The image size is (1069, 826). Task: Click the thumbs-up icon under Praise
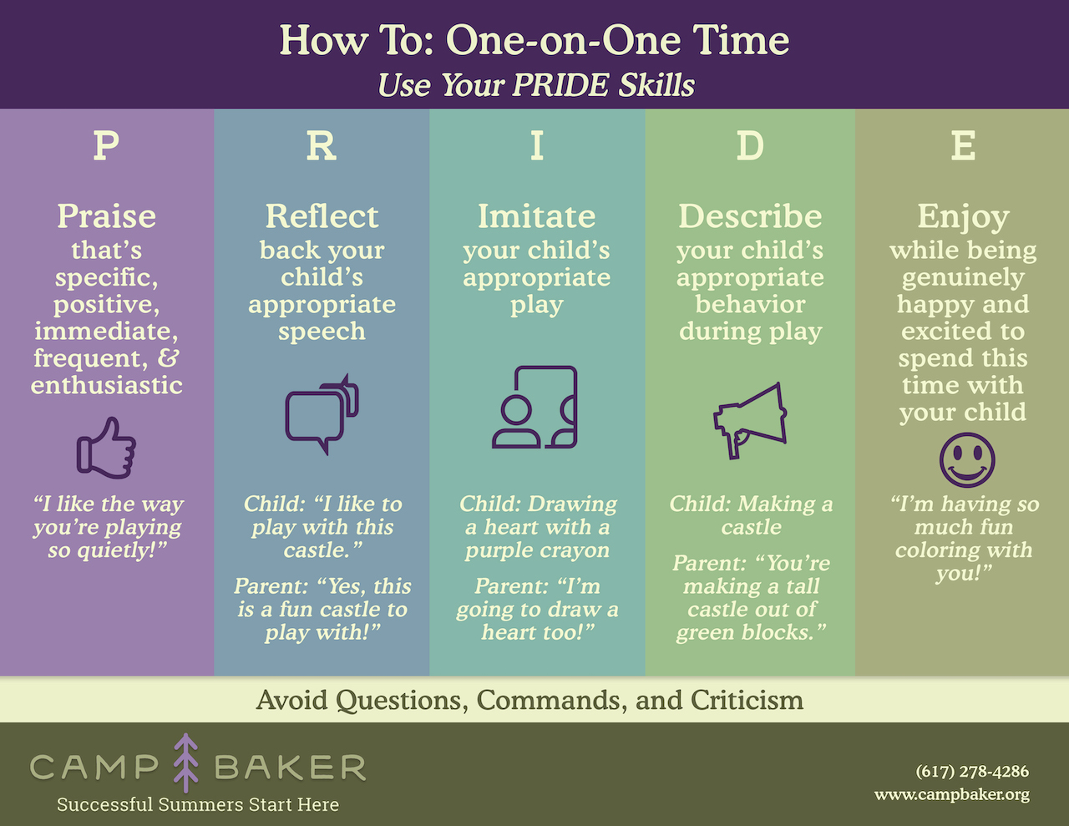point(106,448)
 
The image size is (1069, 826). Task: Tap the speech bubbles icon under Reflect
point(322,414)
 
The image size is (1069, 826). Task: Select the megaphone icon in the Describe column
point(750,420)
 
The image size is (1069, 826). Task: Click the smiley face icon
point(966,459)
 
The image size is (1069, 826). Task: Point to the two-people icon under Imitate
point(534,407)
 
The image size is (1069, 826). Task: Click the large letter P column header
point(106,145)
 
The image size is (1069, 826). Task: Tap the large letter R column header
point(322,145)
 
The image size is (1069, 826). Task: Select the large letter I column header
point(537,145)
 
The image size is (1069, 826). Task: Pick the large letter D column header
point(750,145)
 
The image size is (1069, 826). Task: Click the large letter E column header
point(963,145)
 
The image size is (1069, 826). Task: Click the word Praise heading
point(106,216)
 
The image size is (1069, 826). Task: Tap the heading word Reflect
point(322,215)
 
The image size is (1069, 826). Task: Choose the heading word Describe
point(750,215)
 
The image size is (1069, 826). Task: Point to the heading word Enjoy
point(963,217)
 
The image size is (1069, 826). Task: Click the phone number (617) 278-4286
point(972,771)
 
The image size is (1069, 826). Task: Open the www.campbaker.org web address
point(951,794)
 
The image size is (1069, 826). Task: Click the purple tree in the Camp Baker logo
point(185,763)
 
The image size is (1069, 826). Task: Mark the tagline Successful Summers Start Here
point(198,804)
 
